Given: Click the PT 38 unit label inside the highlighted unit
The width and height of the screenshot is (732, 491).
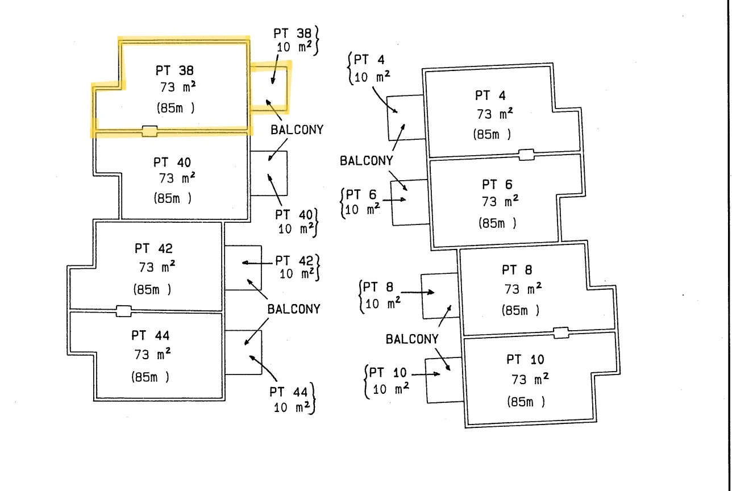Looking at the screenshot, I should [x=174, y=71].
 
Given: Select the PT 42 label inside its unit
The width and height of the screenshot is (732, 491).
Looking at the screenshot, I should [x=153, y=249].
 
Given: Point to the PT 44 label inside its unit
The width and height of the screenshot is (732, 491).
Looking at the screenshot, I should [x=151, y=336].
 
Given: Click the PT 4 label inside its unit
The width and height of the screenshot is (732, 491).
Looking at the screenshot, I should [x=490, y=95].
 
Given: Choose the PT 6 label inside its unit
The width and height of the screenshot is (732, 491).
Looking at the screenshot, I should [x=497, y=185].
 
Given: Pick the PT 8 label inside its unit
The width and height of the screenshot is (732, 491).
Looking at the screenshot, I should [x=517, y=270].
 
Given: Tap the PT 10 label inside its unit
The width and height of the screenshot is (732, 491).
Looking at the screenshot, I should [x=525, y=360].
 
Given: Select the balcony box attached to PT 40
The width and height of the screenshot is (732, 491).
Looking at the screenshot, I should [x=269, y=173].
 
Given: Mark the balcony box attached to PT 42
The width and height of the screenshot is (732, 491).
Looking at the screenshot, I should [x=243, y=268].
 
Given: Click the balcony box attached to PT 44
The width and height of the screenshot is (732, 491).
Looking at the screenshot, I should [x=243, y=352].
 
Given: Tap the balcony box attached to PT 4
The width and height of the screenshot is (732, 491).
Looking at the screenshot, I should [x=406, y=118].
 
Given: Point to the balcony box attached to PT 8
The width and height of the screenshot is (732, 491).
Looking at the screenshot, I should [x=439, y=296].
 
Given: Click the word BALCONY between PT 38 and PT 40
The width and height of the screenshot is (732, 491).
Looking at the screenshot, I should [x=297, y=130].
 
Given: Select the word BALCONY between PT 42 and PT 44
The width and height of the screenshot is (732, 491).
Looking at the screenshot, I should [x=294, y=310].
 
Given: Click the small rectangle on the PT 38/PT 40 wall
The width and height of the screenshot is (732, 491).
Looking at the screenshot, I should [x=149, y=131].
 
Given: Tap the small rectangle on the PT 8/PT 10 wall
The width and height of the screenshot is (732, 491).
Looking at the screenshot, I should [x=561, y=333].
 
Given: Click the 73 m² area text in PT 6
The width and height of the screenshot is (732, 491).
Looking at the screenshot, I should [x=500, y=202].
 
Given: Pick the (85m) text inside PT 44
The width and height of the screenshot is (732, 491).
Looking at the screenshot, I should [x=151, y=377].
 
